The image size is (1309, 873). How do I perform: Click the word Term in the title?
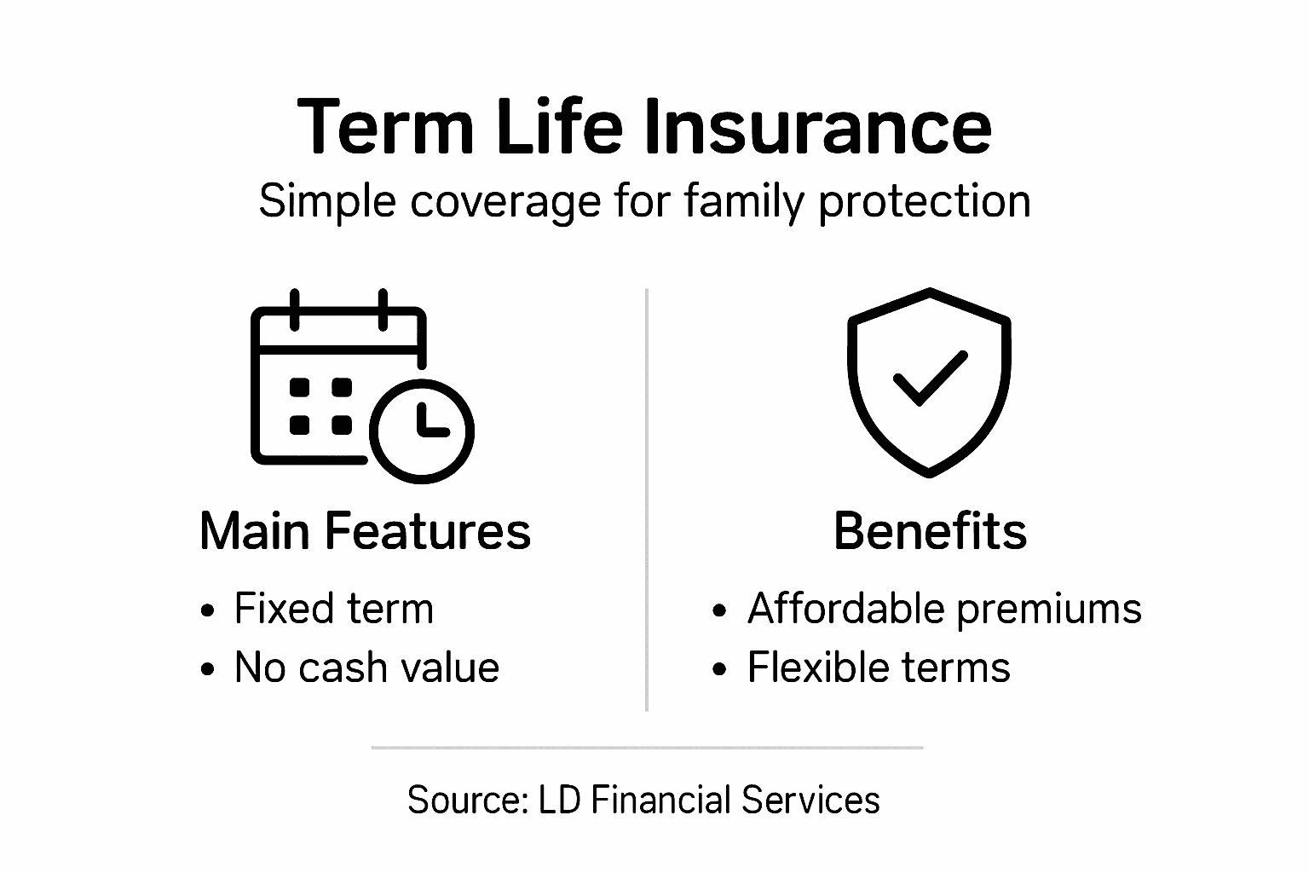pyautogui.click(x=384, y=127)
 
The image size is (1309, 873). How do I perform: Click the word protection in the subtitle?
pyautogui.click(x=924, y=203)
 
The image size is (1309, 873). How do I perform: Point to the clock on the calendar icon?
pyautogui.click(x=423, y=429)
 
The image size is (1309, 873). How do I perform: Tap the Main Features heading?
pyautogui.click(x=365, y=531)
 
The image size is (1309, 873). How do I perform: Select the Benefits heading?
pyautogui.click(x=930, y=531)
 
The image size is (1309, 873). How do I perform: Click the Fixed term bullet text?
pyautogui.click(x=333, y=610)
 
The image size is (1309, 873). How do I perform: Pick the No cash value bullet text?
pyautogui.click(x=366, y=668)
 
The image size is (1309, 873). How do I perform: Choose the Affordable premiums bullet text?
pyautogui.click(x=944, y=610)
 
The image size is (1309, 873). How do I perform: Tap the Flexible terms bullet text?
pyautogui.click(x=879, y=668)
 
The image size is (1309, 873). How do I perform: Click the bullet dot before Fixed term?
pyautogui.click(x=207, y=611)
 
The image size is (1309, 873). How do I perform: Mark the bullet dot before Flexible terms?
pyautogui.click(x=720, y=669)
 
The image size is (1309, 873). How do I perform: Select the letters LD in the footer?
pyautogui.click(x=559, y=801)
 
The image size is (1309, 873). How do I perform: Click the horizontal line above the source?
pyautogui.click(x=647, y=748)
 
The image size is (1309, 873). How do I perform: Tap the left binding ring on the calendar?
pyautogui.click(x=295, y=309)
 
